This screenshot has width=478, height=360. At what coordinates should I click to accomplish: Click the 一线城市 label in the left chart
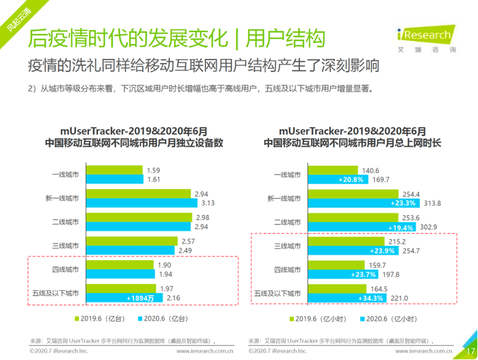(x=65, y=174)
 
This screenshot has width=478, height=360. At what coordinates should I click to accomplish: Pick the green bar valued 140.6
(x=332, y=170)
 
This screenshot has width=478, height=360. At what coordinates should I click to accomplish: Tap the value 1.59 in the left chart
(x=153, y=170)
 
